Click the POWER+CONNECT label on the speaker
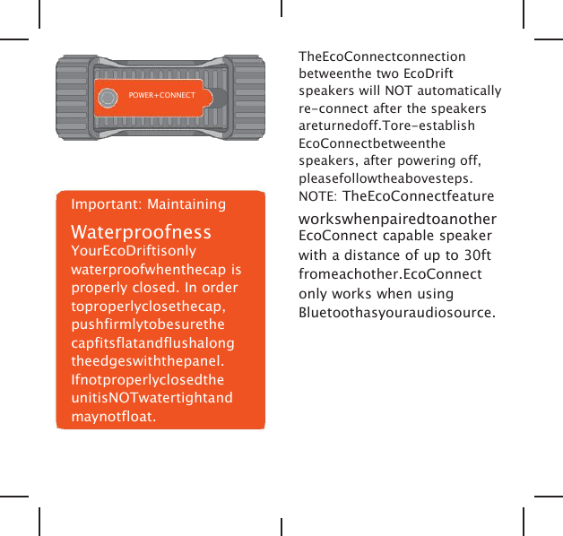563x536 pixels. click(x=162, y=93)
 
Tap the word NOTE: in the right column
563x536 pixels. click(x=317, y=196)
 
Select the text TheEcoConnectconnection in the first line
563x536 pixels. click(x=382, y=56)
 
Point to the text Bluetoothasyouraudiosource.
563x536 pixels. click(x=396, y=313)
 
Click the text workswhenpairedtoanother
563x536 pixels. click(x=398, y=220)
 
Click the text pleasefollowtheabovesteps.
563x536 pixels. click(x=386, y=177)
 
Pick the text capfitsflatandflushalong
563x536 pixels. click(x=152, y=343)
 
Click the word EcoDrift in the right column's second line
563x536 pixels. click(x=429, y=73)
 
